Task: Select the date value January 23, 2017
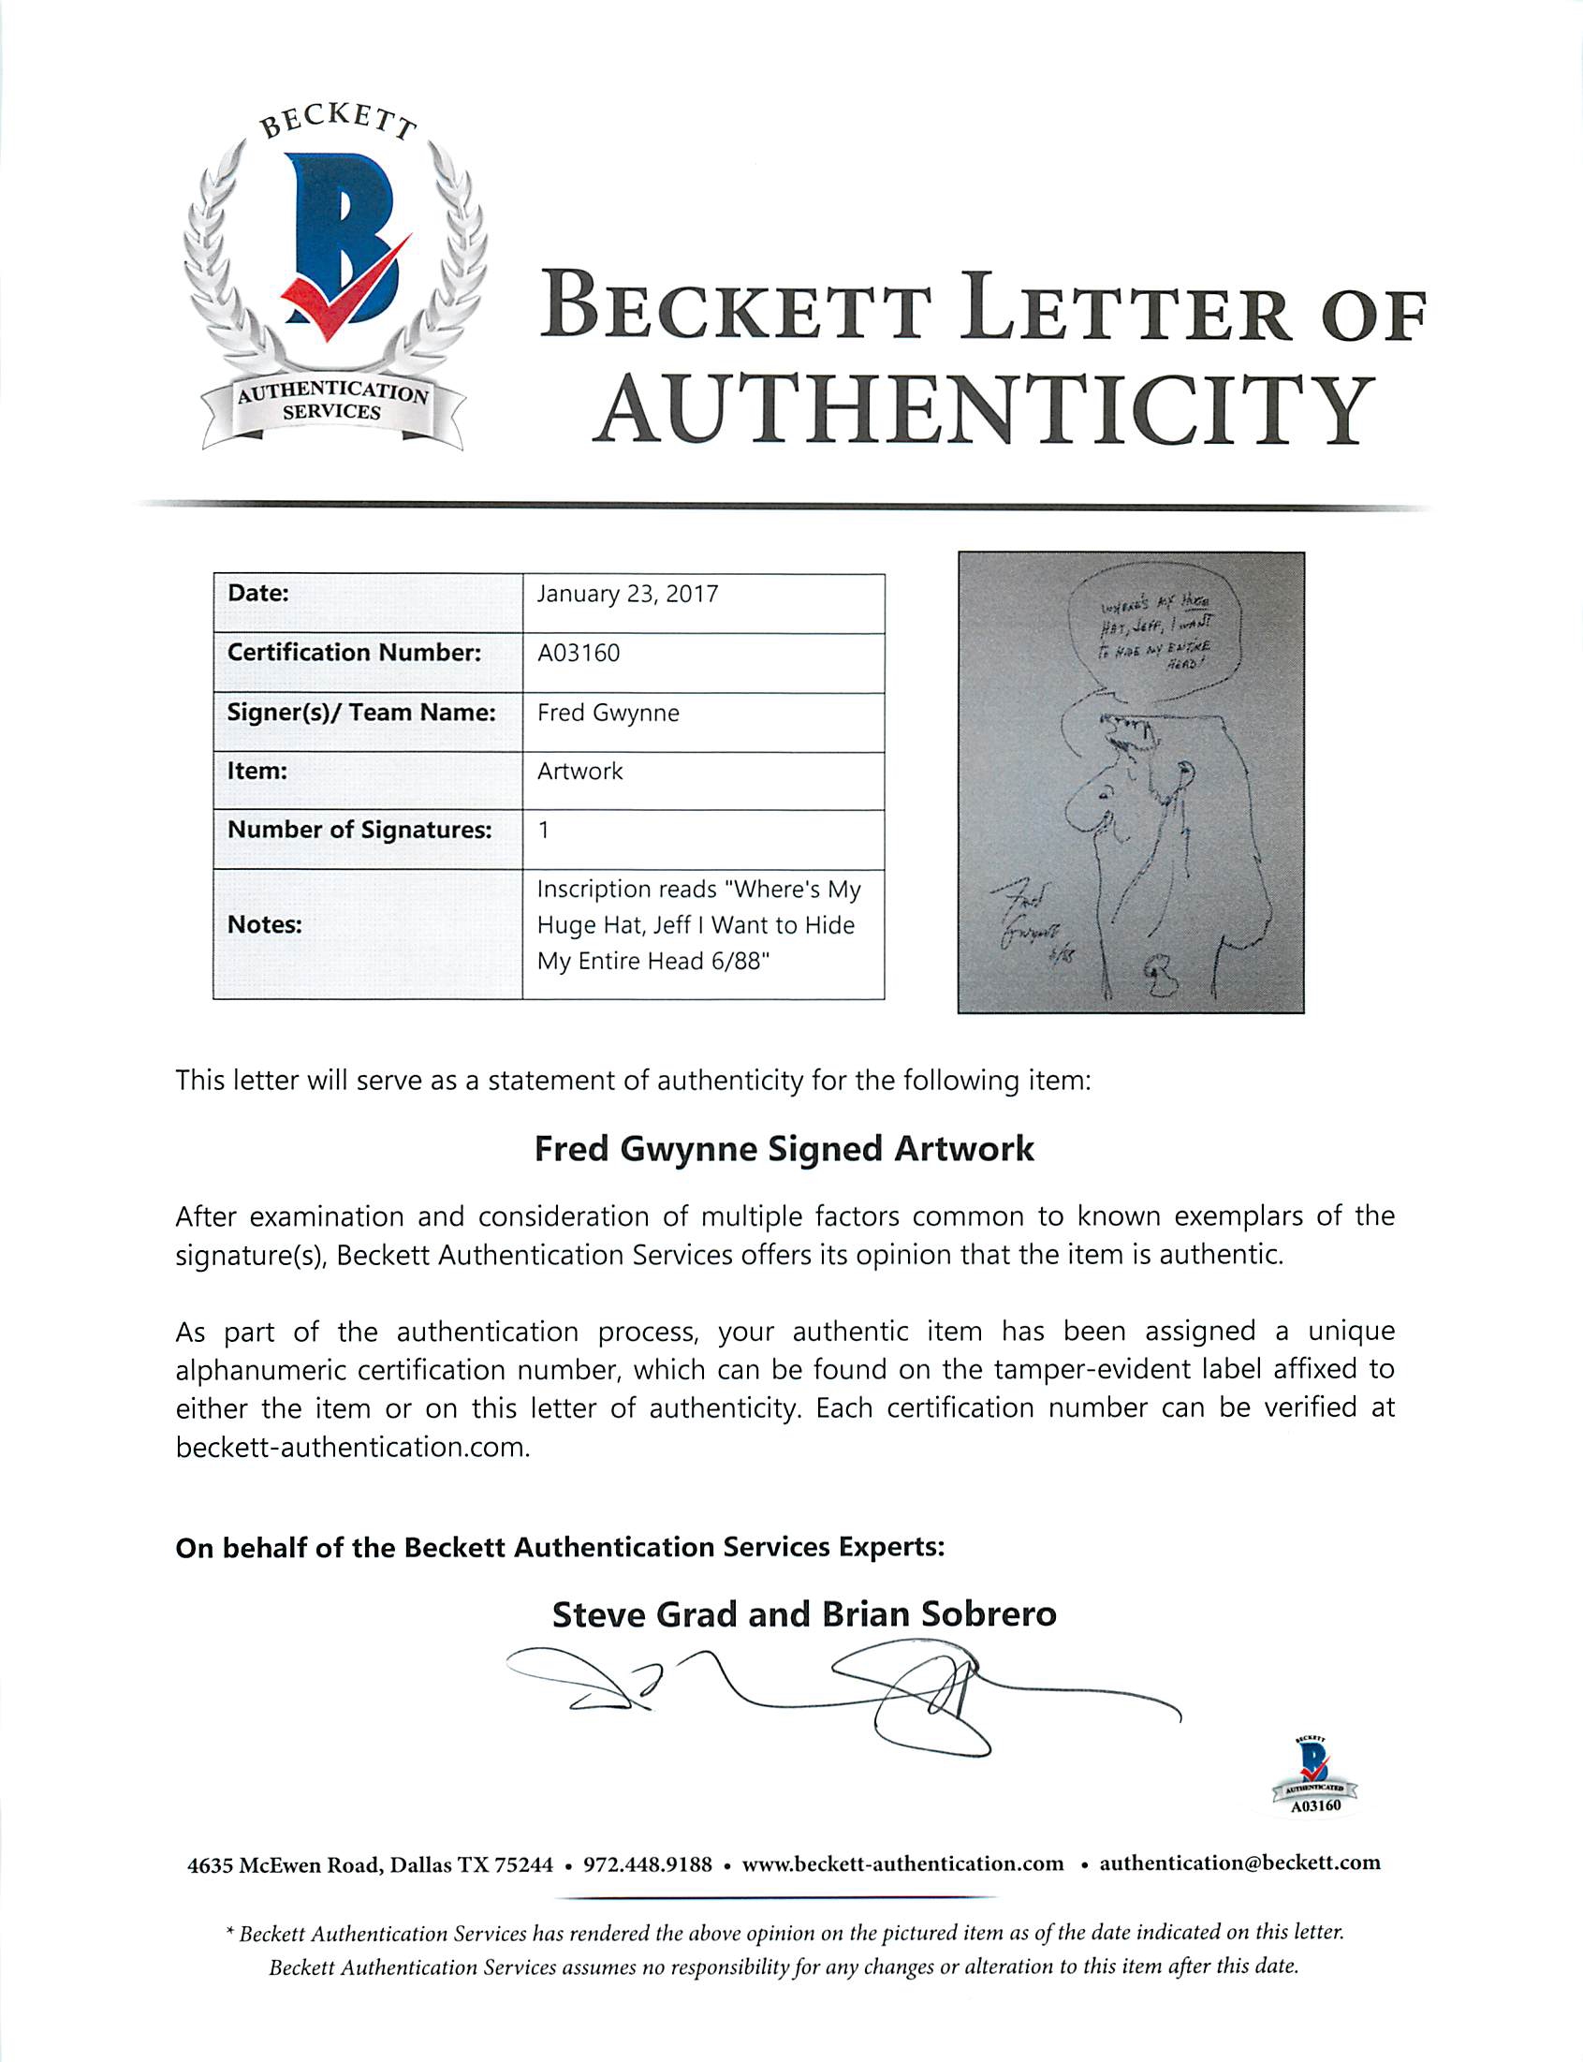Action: pyautogui.click(x=627, y=595)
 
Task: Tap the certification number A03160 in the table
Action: pyautogui.click(x=579, y=653)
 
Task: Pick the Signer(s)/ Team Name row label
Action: pyautogui.click(x=362, y=713)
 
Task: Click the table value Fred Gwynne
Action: pyautogui.click(x=608, y=713)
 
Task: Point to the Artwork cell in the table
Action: pyautogui.click(x=579, y=771)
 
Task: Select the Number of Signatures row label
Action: pyautogui.click(x=359, y=831)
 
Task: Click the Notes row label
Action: pyautogui.click(x=264, y=924)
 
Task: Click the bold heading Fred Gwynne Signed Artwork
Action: pyautogui.click(x=784, y=1149)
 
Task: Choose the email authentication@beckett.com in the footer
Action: pyautogui.click(x=1239, y=1863)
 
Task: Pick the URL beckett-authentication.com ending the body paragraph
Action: pyautogui.click(x=353, y=1447)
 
